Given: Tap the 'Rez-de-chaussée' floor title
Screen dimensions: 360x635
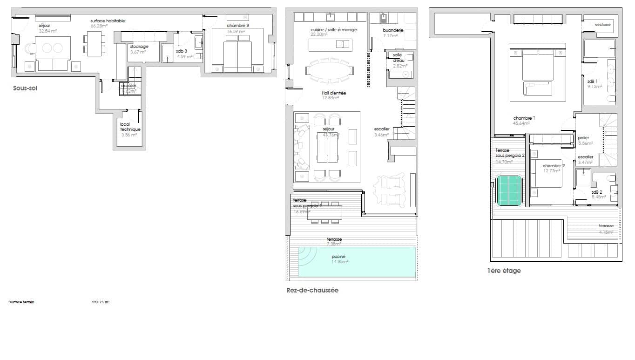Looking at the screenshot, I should (x=312, y=290).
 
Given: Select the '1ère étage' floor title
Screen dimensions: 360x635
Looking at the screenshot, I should (x=504, y=271).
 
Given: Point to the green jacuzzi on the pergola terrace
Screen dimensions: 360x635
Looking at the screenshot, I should (x=509, y=190).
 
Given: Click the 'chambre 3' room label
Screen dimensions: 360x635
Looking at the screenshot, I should (x=238, y=25).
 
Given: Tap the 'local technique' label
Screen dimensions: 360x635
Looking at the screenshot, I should (x=130, y=127).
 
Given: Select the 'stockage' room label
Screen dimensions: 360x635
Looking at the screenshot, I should (x=139, y=47).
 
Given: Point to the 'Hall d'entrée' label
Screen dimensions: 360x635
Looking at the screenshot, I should (x=334, y=93).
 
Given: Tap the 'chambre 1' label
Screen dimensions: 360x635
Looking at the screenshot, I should (x=524, y=118).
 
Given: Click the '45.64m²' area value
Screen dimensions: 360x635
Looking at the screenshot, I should (x=524, y=124).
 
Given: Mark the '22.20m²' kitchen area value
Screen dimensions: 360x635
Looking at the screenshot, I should (x=319, y=35).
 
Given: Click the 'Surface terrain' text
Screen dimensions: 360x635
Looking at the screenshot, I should (x=21, y=302).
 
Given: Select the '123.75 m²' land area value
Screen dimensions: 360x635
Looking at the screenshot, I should (x=101, y=302).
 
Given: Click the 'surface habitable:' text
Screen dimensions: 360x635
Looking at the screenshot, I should (x=108, y=21).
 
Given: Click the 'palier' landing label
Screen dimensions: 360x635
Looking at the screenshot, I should (x=583, y=138).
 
